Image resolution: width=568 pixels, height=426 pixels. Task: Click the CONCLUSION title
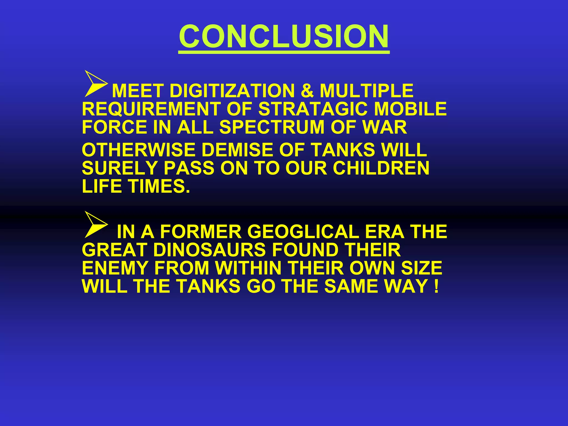[284, 36]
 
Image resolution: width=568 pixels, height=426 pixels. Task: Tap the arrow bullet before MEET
[95, 83]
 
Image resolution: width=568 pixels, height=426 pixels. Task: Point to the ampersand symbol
[307, 91]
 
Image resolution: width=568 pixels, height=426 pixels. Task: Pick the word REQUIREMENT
[151, 109]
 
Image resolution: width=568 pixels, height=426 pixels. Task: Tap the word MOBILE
[410, 109]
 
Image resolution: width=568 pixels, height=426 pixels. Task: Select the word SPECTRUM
[272, 127]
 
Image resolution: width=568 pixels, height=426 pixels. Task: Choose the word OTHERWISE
[139, 150]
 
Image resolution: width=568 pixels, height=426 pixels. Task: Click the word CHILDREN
[381, 168]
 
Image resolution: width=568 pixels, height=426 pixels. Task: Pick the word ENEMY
[115, 268]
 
